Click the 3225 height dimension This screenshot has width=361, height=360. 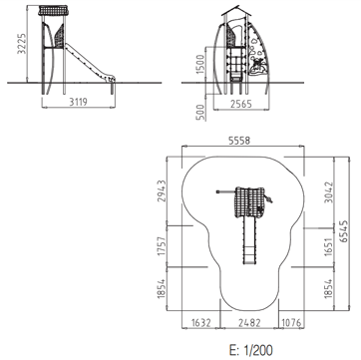[x=22, y=44]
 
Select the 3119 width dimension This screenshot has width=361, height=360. [x=79, y=102]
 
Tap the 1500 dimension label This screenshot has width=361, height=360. [x=201, y=63]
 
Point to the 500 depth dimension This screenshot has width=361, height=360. [x=200, y=113]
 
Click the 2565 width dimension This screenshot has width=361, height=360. [x=241, y=104]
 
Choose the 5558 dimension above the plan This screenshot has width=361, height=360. [x=239, y=141]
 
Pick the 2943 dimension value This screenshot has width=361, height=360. [x=162, y=191]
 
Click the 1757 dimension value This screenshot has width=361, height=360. [x=162, y=246]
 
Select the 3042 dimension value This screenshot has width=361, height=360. [x=328, y=192]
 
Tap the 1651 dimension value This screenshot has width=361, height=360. [x=328, y=246]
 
